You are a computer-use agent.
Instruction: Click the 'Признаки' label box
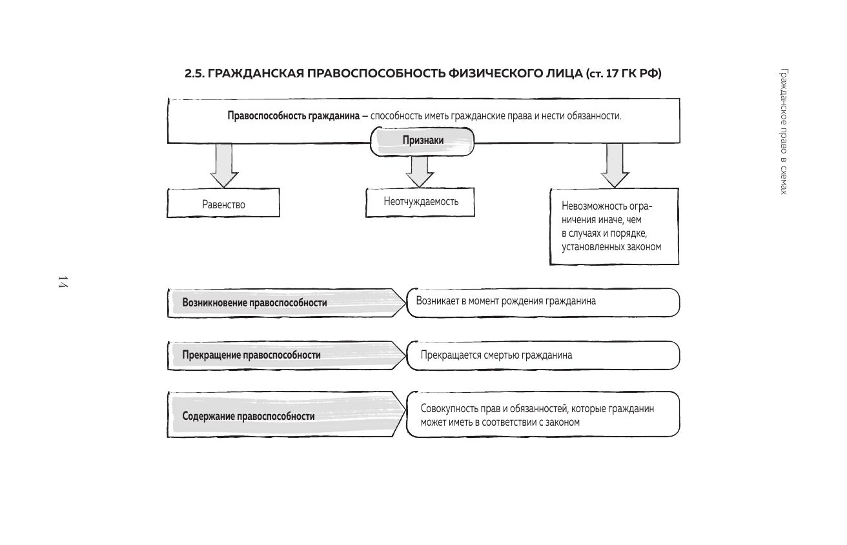pyautogui.click(x=423, y=140)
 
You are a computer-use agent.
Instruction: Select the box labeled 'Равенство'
pyautogui.click(x=223, y=204)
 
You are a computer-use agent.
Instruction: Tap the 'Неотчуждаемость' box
pyautogui.click(x=421, y=201)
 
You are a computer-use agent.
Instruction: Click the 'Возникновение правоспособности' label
pyautogui.click(x=254, y=302)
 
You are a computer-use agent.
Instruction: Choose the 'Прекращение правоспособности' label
pyautogui.click(x=251, y=355)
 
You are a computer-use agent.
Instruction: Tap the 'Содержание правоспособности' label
pyautogui.click(x=249, y=416)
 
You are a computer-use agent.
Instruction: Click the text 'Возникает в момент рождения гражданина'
pyautogui.click(x=505, y=301)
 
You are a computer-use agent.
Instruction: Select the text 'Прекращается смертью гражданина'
pyautogui.click(x=496, y=355)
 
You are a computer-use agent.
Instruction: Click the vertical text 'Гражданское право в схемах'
pyautogui.click(x=783, y=132)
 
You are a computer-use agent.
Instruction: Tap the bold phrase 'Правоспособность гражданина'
pyautogui.click(x=292, y=116)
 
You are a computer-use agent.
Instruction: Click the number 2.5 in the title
pyautogui.click(x=194, y=74)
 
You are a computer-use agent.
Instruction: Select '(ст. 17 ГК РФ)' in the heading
pyautogui.click(x=624, y=74)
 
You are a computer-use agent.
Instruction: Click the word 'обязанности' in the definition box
pyautogui.click(x=597, y=116)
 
